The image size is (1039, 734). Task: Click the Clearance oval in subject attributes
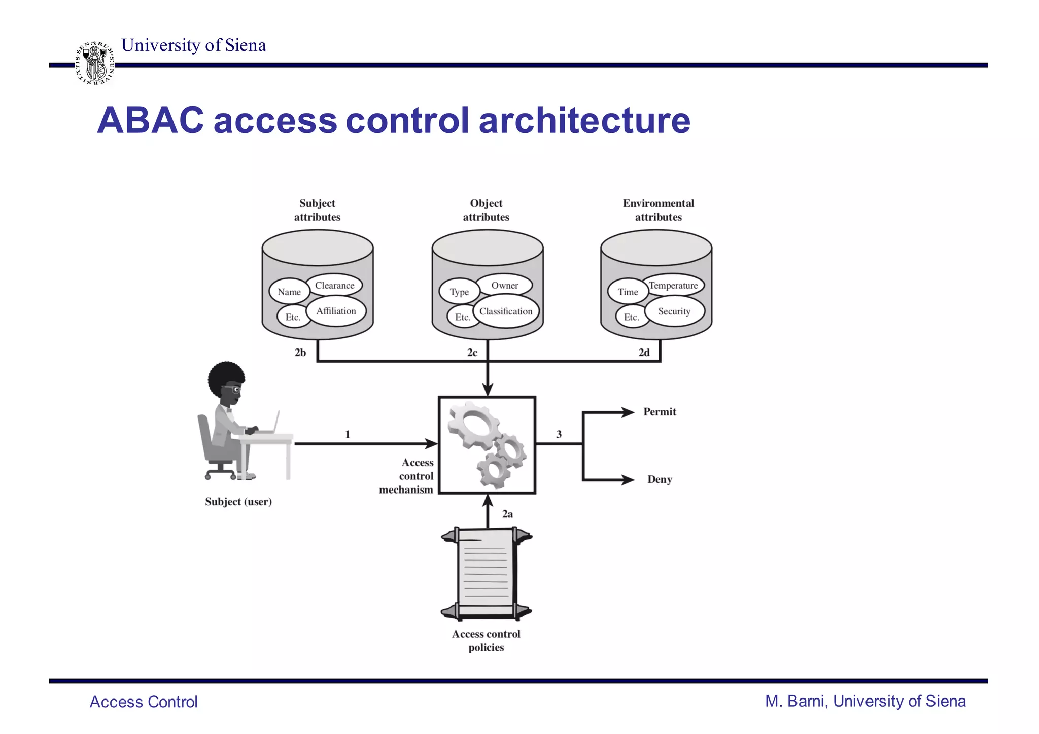[x=335, y=286]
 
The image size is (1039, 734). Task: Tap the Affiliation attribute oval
[x=336, y=311]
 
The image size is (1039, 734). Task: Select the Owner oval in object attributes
[x=505, y=286]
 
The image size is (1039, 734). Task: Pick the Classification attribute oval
[x=506, y=312]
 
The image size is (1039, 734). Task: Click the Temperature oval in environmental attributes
[x=673, y=286]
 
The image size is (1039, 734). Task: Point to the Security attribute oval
[x=674, y=311]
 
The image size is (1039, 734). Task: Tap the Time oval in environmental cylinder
[x=628, y=292]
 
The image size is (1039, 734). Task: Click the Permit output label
[x=660, y=412]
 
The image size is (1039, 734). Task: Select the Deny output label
[x=660, y=479]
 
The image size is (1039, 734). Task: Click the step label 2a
[x=507, y=514]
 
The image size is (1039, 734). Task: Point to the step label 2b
[x=300, y=353]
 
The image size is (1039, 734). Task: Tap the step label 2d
[x=644, y=353]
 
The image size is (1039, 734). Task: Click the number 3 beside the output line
[x=559, y=434]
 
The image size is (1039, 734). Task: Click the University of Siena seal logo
[x=95, y=63]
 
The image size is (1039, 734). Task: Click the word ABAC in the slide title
[x=150, y=121]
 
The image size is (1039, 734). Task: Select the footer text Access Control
[x=144, y=702]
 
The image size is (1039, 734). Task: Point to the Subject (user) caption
[x=238, y=502]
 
